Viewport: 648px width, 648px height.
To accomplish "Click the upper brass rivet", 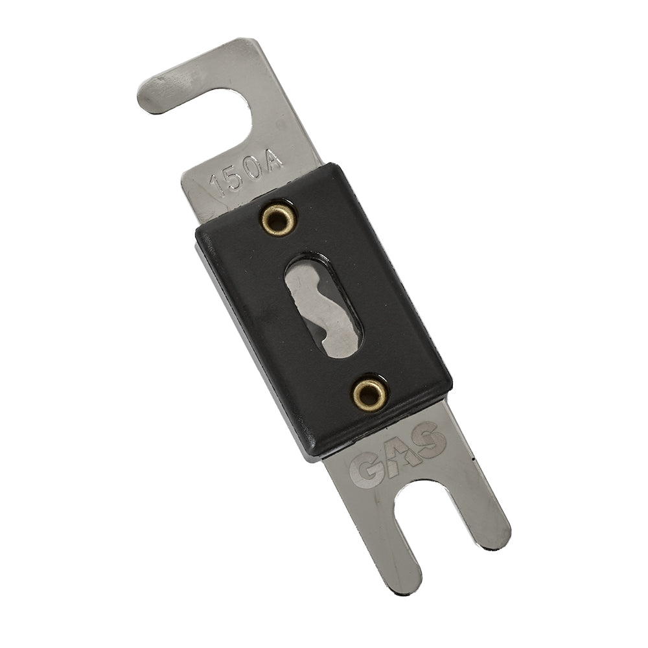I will [x=279, y=220].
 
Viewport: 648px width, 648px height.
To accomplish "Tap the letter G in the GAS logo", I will [x=367, y=470].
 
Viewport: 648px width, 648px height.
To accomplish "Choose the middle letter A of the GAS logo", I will [x=399, y=454].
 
